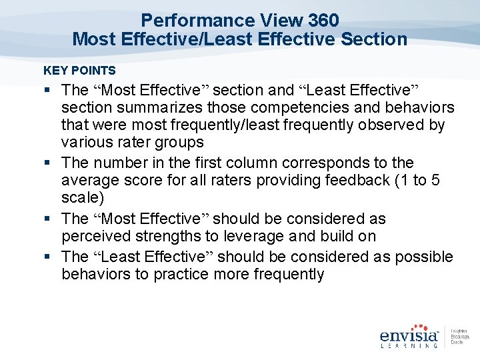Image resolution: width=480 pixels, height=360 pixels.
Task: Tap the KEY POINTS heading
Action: (79, 70)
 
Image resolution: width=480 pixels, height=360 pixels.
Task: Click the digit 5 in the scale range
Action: (435, 181)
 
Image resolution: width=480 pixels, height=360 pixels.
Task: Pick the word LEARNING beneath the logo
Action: (409, 345)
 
